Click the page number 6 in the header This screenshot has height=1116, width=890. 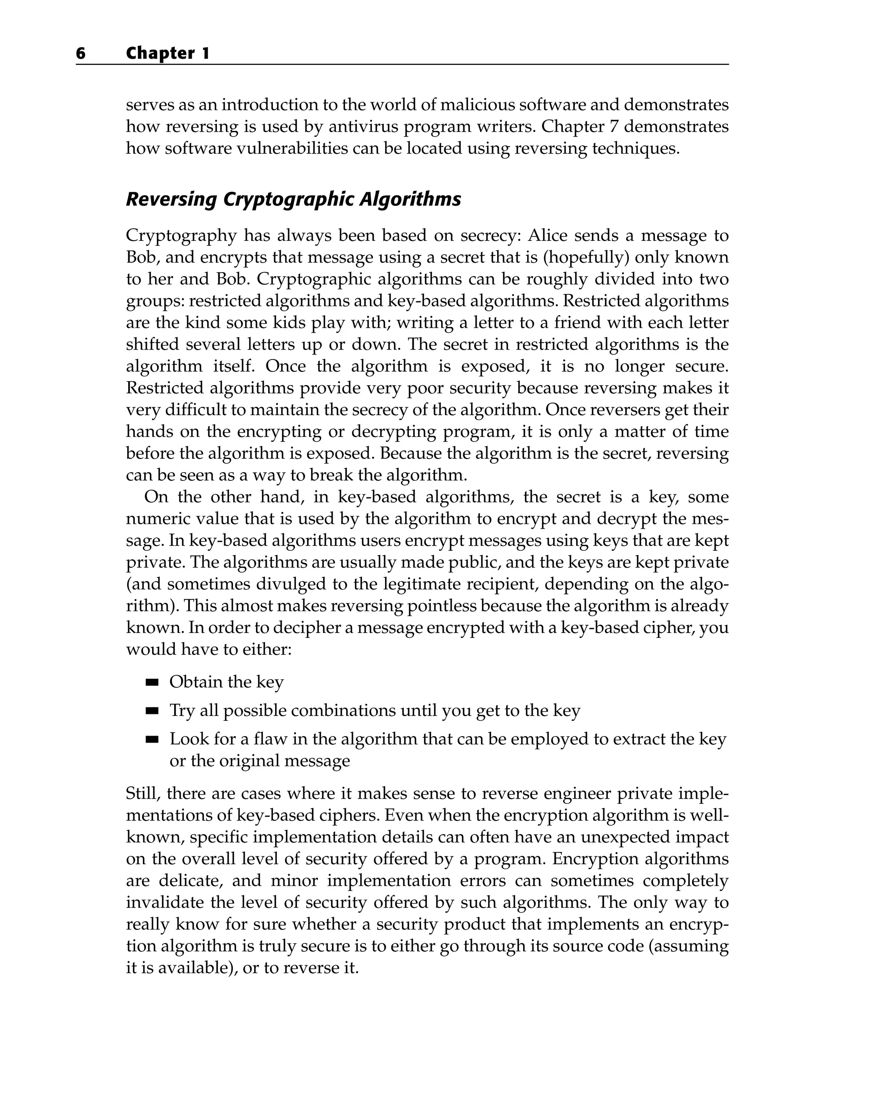pos(81,53)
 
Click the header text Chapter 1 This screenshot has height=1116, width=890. pos(168,53)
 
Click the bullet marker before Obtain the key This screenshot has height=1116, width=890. pos(152,683)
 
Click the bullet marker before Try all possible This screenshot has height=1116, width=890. pos(152,711)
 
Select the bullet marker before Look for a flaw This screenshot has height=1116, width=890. pos(152,740)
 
